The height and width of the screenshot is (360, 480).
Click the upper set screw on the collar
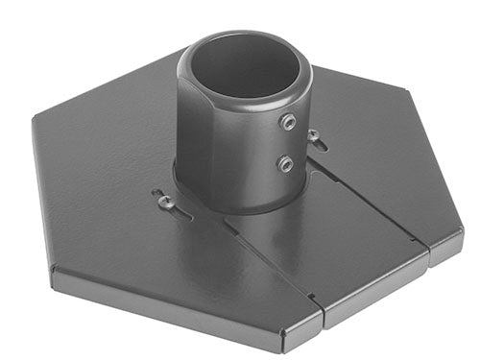[287, 122]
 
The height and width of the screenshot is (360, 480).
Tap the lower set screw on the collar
[285, 163]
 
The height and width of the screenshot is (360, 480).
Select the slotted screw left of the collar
[165, 201]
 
